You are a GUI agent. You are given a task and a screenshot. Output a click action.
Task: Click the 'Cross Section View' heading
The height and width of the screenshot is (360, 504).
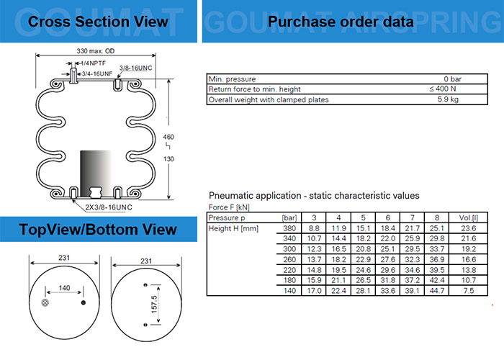[x=98, y=22]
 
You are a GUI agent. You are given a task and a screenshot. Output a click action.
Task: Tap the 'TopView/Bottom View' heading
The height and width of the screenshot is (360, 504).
[x=98, y=230]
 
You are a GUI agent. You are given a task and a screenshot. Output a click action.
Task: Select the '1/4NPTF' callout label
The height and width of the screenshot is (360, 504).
[x=86, y=63]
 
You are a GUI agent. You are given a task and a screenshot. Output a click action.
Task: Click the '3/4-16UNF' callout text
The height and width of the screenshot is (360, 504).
[x=96, y=73]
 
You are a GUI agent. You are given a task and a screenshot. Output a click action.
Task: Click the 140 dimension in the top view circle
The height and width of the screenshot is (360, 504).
[x=65, y=287]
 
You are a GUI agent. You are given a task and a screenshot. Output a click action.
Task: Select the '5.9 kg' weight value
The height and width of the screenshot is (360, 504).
[x=449, y=99]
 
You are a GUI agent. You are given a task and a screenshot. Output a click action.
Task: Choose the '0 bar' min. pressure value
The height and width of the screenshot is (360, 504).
[x=452, y=78]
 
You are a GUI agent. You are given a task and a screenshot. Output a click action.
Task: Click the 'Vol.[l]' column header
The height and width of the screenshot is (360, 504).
[x=467, y=217]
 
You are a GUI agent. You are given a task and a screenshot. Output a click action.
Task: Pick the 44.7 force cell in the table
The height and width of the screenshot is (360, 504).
[x=437, y=290]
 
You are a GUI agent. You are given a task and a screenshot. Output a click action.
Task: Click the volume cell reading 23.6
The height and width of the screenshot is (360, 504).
[x=468, y=228]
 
